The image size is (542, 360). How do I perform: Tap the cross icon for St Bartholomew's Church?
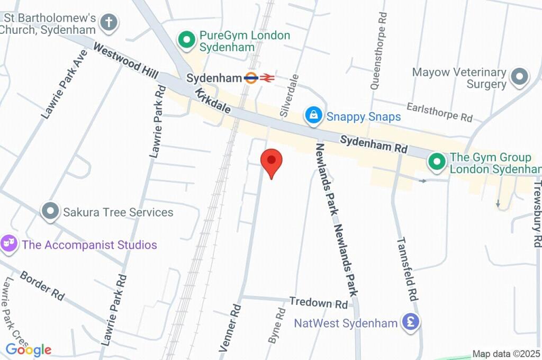tap(110, 22)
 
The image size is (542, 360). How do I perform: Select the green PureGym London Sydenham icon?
tap(186, 39)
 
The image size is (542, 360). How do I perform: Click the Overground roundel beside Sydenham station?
tap(251, 78)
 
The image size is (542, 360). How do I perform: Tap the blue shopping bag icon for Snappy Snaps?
tap(314, 115)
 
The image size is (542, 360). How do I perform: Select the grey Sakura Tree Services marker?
tap(51, 211)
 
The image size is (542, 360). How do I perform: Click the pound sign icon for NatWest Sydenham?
tap(410, 322)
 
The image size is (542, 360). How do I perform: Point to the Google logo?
tap(29, 350)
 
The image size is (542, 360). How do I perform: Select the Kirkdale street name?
tap(213, 101)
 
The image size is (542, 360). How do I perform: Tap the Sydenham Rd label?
tap(373, 145)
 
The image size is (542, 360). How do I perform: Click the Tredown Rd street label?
tap(318, 303)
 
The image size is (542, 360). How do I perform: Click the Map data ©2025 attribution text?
tap(506, 354)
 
